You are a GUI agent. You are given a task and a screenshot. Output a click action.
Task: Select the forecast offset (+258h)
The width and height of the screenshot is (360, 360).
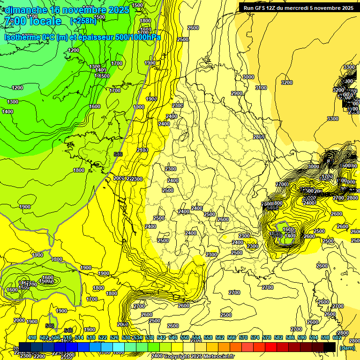click(83, 21)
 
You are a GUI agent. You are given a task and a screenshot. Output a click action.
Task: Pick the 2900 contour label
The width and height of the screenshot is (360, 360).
click(237, 93)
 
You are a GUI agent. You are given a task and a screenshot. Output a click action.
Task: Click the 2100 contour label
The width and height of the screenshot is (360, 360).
click(142, 150)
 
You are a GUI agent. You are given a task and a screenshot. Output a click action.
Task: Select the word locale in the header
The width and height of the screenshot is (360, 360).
click(46, 21)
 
